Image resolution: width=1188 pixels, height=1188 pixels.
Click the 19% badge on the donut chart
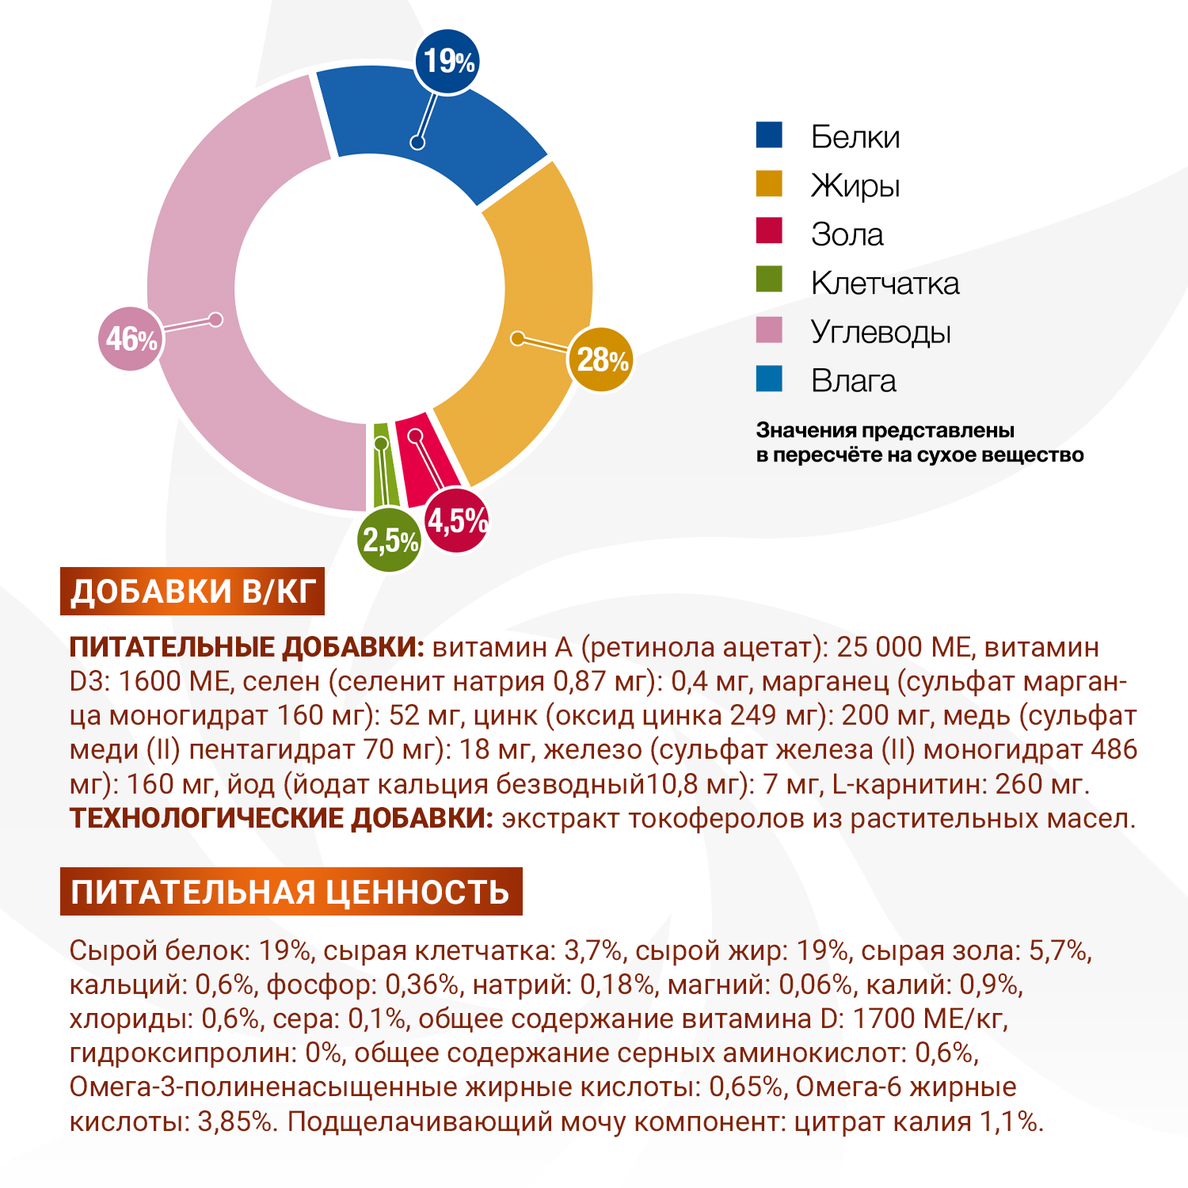tap(447, 62)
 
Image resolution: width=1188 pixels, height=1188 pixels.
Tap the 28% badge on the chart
tap(601, 360)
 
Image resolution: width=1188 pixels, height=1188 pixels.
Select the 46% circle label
tap(130, 339)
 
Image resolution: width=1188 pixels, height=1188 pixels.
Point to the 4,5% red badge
tap(457, 521)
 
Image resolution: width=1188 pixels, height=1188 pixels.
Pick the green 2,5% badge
tap(389, 541)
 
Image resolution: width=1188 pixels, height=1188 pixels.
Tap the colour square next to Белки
tap(769, 135)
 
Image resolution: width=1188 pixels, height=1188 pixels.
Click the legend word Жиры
tap(855, 186)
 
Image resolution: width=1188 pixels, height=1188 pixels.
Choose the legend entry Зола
tap(847, 234)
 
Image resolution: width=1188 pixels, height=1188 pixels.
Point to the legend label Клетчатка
tap(885, 284)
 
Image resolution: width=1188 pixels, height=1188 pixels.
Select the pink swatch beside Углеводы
tap(769, 330)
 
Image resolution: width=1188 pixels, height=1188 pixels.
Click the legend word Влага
tap(853, 381)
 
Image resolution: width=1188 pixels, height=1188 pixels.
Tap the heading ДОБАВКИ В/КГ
tap(192, 592)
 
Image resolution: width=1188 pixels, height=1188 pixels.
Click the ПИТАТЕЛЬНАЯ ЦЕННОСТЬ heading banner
tap(291, 892)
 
